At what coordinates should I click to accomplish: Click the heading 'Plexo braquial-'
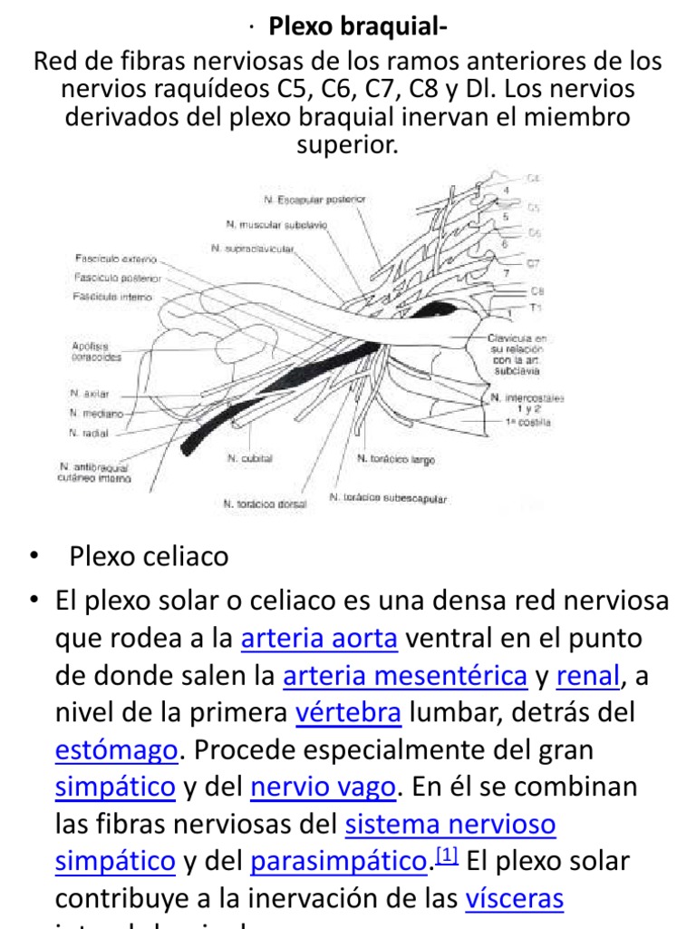357,28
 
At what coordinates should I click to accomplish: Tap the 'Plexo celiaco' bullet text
149,556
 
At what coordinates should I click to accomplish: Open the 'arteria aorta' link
319,639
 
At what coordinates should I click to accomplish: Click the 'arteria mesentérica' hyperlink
405,676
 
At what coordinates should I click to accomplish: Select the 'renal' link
588,676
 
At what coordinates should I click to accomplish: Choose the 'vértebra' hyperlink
348,713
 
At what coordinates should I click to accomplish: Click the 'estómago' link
116,750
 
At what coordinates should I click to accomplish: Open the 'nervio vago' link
323,787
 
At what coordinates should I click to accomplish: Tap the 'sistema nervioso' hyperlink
450,825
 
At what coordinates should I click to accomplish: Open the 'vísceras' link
514,899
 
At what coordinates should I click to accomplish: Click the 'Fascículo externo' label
116,259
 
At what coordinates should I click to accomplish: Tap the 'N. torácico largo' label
396,460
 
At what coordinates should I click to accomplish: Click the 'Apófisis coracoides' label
95,351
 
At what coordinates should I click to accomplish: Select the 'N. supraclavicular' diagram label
253,247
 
